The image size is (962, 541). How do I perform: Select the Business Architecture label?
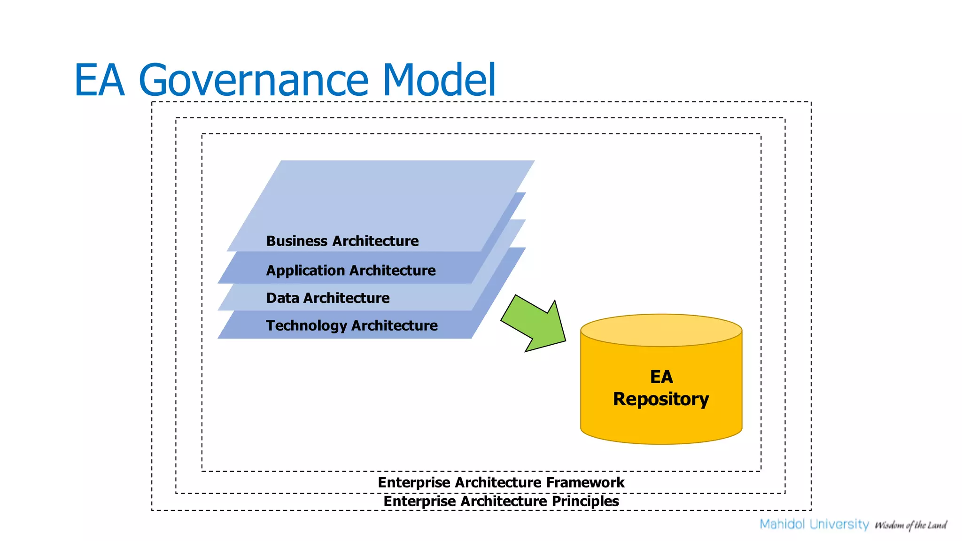coord(342,241)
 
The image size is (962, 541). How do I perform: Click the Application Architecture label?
coord(350,270)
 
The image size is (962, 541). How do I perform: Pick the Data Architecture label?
coord(327,298)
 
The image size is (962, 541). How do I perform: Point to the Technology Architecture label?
coord(351,325)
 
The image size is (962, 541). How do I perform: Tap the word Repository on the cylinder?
coord(660,399)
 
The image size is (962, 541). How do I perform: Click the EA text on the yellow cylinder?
coord(661,377)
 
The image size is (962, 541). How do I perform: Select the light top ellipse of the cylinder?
coord(661,330)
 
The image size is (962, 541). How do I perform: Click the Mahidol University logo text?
coord(814,524)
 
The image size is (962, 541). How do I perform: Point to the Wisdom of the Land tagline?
coord(910,525)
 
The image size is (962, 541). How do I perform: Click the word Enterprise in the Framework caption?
coord(414,482)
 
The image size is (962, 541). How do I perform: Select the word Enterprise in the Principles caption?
coord(419,501)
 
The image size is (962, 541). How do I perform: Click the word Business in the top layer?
coord(296,241)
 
